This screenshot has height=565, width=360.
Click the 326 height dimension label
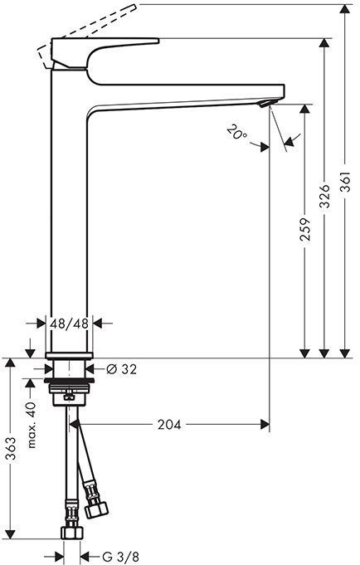coord(326,196)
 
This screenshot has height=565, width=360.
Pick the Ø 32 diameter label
coord(123,370)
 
